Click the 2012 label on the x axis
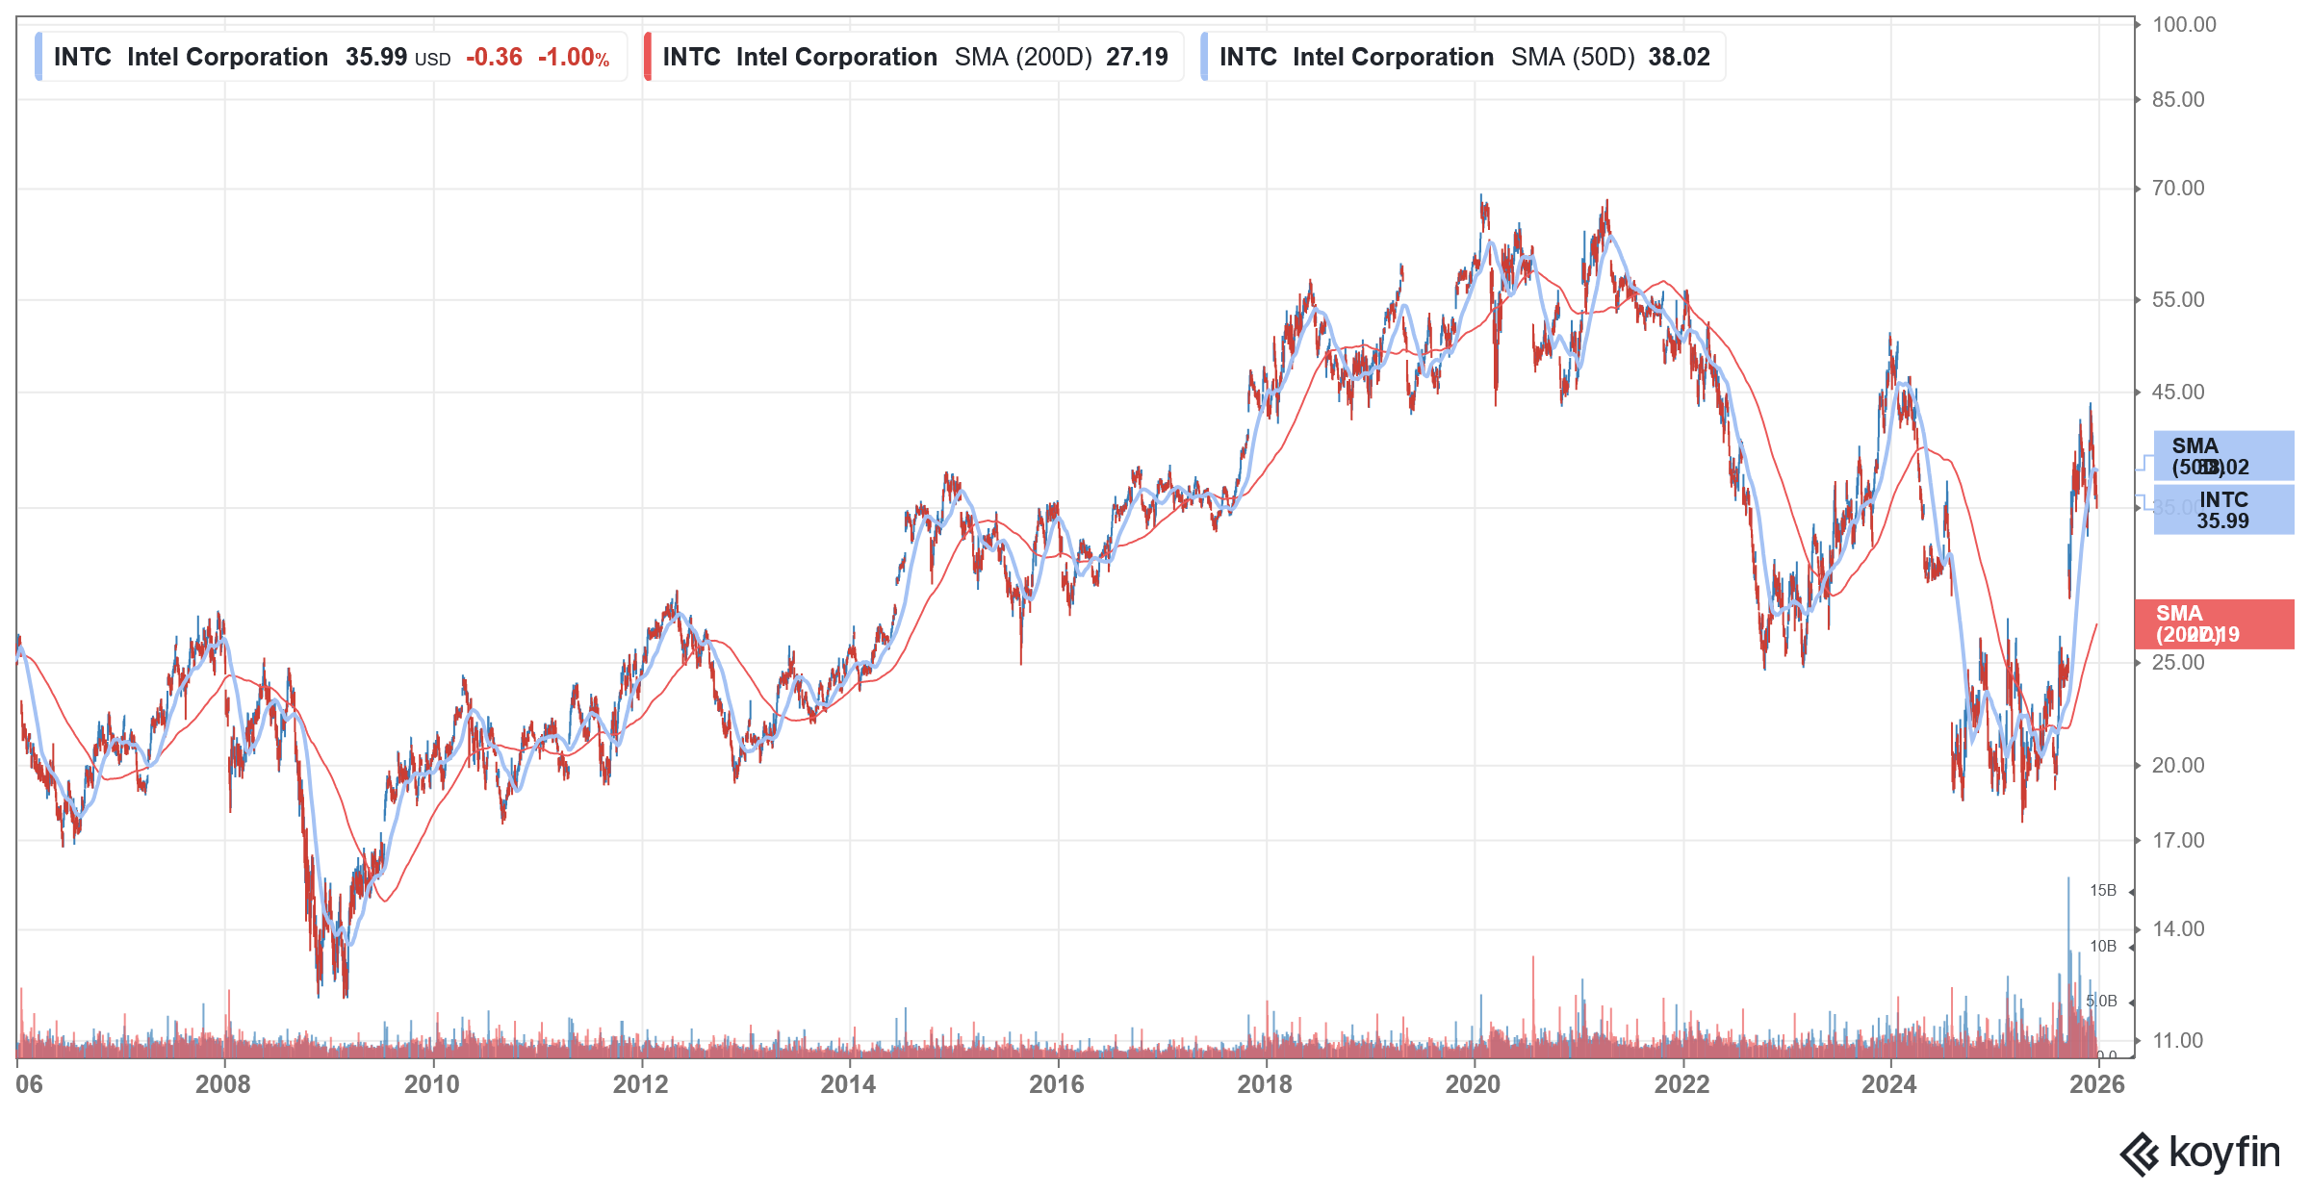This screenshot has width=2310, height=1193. tap(640, 1084)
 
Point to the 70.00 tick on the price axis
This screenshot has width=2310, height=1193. tap(2177, 189)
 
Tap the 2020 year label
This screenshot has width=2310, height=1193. tap(1473, 1084)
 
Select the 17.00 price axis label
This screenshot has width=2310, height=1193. tap(2177, 841)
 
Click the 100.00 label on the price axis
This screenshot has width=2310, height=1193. tap(2183, 25)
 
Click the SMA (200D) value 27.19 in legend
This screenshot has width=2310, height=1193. tap(1137, 58)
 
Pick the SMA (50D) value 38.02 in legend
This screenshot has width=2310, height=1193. tap(1679, 58)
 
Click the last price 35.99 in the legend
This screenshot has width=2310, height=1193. tap(376, 58)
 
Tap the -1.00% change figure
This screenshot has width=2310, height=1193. tap(574, 58)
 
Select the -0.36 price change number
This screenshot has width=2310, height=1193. tap(494, 58)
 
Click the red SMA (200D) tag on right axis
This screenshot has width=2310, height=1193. tap(2214, 624)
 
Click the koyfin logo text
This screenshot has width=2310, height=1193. tap(2223, 1153)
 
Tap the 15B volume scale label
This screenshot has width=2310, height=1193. tap(2102, 891)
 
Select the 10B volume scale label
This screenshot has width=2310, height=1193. tap(2102, 947)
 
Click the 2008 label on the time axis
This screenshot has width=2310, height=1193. tap(223, 1084)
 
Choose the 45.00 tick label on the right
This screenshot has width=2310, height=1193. tap(2177, 393)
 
